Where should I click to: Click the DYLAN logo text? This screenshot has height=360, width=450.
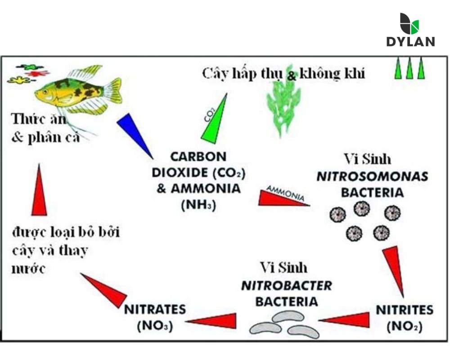(x=410, y=42)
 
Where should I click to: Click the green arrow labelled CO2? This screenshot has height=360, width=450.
(x=215, y=119)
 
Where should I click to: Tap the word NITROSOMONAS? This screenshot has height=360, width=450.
(x=372, y=176)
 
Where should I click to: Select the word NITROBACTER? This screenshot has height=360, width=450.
(x=287, y=286)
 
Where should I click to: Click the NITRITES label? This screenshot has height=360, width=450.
(x=405, y=310)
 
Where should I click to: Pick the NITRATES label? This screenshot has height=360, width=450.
(x=155, y=310)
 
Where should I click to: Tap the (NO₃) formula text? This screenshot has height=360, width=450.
(x=155, y=326)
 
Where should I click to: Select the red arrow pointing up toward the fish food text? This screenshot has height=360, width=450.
(x=39, y=191)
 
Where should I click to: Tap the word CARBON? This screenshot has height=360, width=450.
(x=198, y=157)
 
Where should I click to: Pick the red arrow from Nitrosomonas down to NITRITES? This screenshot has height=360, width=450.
(x=394, y=270)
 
